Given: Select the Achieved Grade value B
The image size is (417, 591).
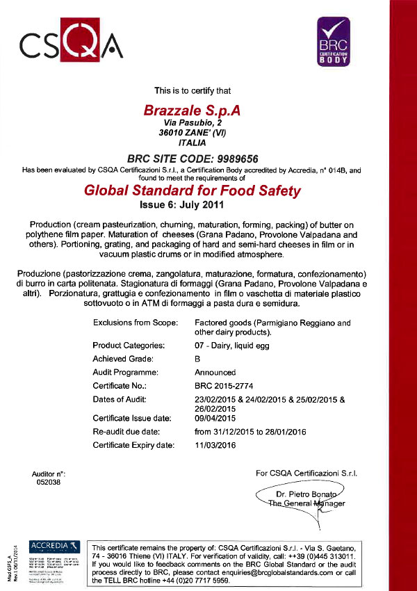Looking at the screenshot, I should [x=198, y=358].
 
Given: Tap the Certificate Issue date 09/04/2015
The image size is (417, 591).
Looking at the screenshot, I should [x=215, y=419].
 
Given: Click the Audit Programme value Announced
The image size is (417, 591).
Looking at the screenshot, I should [x=215, y=372].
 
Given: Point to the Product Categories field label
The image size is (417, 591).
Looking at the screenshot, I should [x=129, y=346].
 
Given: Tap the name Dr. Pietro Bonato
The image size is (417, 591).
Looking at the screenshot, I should [x=306, y=493].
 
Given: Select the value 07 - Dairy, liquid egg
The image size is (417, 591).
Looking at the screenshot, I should [x=236, y=346].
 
